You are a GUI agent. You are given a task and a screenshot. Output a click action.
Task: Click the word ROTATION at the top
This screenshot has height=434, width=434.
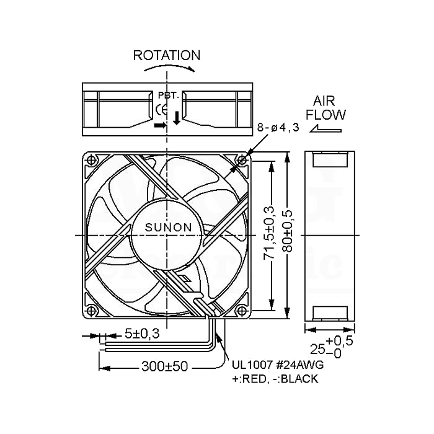point(167,55)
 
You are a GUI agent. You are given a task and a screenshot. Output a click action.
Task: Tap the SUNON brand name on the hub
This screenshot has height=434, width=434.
point(168,228)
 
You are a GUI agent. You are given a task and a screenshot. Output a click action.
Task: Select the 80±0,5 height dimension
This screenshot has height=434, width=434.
point(288,231)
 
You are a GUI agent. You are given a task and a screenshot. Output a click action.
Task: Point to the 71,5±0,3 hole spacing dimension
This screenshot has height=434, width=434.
point(270,232)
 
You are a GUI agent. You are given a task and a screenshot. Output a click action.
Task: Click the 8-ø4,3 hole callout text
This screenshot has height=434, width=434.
point(278,128)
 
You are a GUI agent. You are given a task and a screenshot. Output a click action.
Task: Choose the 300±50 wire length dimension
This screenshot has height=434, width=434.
point(165,366)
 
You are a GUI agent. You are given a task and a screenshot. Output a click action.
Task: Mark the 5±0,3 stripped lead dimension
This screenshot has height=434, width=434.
point(142,334)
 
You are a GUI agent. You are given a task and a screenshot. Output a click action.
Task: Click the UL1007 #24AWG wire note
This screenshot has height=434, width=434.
point(278,365)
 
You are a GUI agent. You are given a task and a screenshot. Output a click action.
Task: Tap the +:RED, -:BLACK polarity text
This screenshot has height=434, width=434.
point(275,379)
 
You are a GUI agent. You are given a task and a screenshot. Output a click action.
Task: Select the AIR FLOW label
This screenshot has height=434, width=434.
point(325,108)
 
